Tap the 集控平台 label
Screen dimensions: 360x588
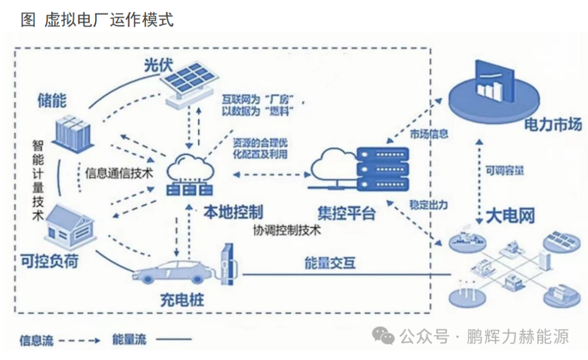(x=346, y=212)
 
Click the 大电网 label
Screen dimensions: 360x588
(x=510, y=216)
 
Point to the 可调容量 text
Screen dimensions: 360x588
(x=506, y=170)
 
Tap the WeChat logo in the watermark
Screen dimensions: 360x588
(x=387, y=336)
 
